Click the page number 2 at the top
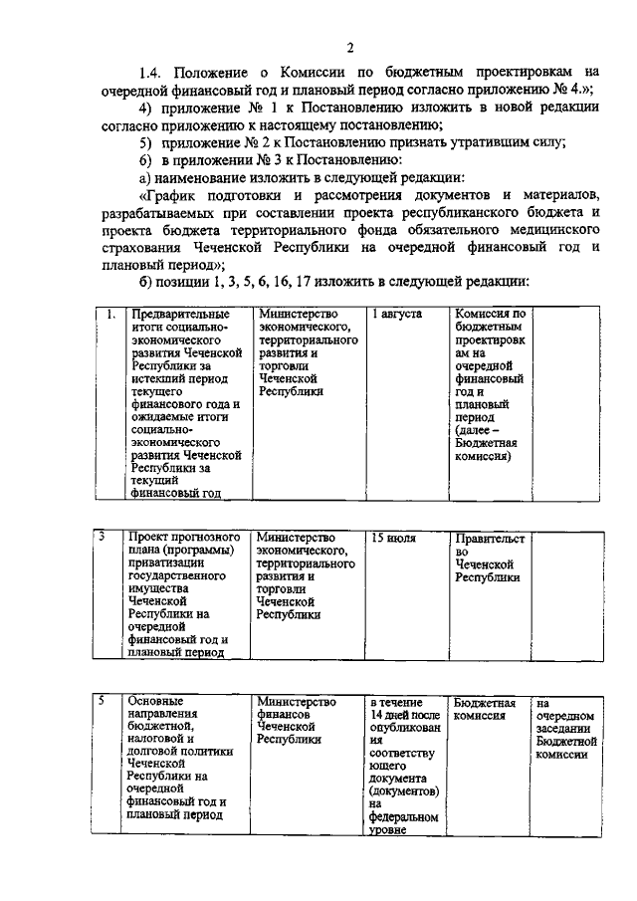349,48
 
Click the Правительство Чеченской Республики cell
489,558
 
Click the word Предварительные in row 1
179,315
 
